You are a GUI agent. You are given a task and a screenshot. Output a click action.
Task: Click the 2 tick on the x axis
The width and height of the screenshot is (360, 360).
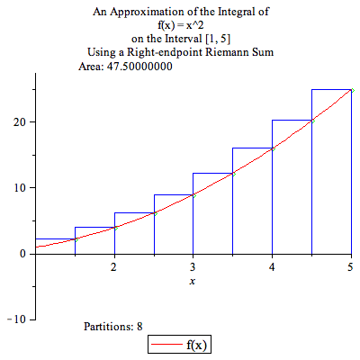(x=113, y=267)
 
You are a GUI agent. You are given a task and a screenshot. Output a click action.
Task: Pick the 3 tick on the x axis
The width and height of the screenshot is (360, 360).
(x=193, y=267)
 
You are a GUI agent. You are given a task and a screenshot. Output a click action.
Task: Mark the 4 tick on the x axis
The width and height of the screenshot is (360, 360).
(x=272, y=267)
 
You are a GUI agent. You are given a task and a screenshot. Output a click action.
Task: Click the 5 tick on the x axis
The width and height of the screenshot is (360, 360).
(x=350, y=267)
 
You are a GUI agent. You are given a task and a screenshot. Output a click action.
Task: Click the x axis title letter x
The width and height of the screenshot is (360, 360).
(x=193, y=282)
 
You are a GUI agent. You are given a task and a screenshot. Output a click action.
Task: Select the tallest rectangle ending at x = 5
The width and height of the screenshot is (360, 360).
(x=331, y=171)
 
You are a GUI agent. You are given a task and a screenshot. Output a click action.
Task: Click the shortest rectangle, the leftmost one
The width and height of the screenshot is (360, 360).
(x=55, y=246)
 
